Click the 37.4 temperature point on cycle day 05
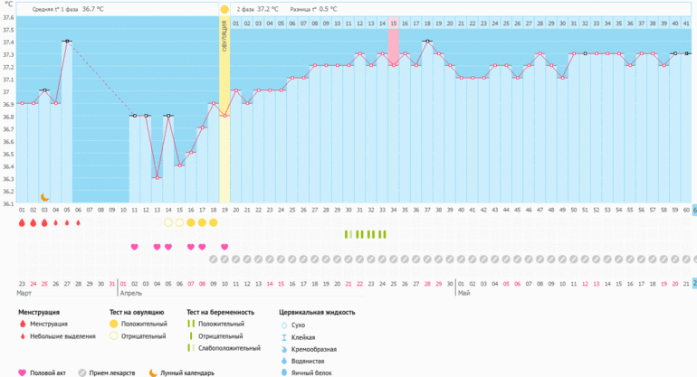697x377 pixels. click(x=67, y=41)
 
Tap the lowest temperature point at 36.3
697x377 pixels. click(x=157, y=177)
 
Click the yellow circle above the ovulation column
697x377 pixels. click(x=224, y=9)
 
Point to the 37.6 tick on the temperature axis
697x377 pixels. click(x=8, y=16)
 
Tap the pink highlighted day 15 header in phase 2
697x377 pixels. click(x=394, y=24)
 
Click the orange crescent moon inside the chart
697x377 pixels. click(x=44, y=196)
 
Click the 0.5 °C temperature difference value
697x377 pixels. click(x=328, y=9)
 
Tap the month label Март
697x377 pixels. click(x=26, y=294)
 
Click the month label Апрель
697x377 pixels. click(x=131, y=294)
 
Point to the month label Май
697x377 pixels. click(x=463, y=294)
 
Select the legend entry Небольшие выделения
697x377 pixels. click(x=61, y=335)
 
